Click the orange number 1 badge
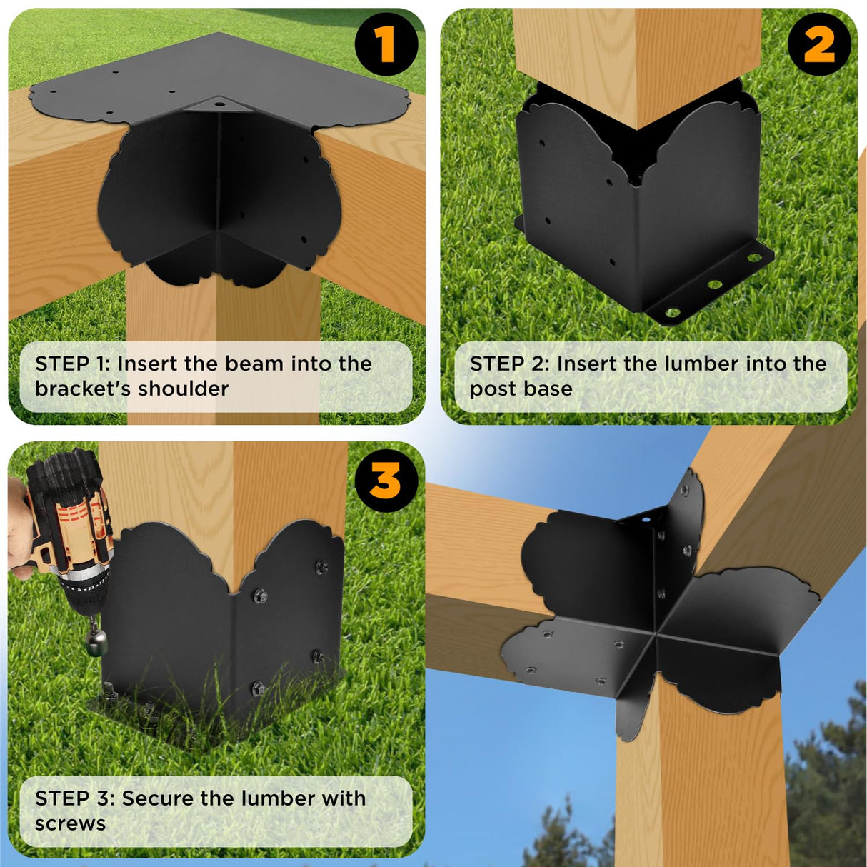point(386,44)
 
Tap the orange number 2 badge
point(819,44)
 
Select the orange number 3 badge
point(386,480)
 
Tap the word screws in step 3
point(70,824)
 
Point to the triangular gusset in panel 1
point(219,105)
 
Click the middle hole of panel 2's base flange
point(714,284)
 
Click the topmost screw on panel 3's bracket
point(321,567)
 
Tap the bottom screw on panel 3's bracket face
point(259,688)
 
